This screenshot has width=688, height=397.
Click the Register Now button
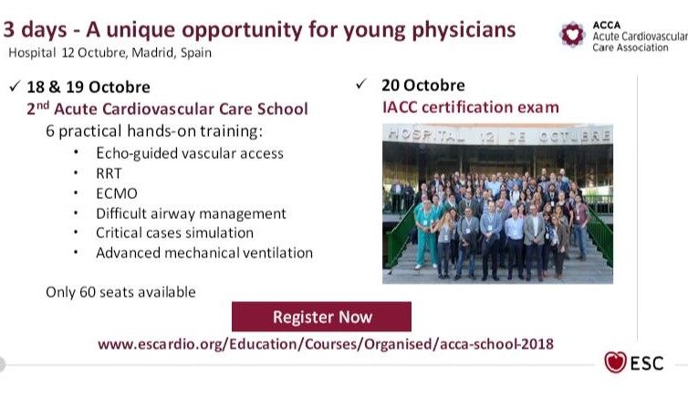coord(321,317)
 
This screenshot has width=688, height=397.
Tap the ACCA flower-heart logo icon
coord(572,34)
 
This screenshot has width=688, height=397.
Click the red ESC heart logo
coord(615,362)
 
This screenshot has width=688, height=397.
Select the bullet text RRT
coord(109,173)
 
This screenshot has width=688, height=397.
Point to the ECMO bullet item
coord(117,193)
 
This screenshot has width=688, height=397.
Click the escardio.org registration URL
coord(326,343)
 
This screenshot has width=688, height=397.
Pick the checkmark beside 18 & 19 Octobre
coord(15,86)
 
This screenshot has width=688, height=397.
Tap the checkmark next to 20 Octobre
coord(361,83)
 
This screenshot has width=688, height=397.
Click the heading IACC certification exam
coord(471,107)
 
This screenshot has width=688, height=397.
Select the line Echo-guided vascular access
coord(190,153)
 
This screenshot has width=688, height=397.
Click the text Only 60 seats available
coord(120,292)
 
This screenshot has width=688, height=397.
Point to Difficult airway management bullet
coord(191,214)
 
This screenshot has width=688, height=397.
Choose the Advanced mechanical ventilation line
coord(204,253)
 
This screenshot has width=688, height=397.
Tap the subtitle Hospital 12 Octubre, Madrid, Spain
coord(109,53)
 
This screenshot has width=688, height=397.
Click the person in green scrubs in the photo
coord(424,233)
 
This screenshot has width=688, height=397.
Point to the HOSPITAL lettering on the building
coord(425,135)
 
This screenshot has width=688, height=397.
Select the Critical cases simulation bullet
coord(174,233)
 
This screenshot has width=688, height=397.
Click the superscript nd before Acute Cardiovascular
coord(43,105)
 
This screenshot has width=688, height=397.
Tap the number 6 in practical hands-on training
coord(50,131)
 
